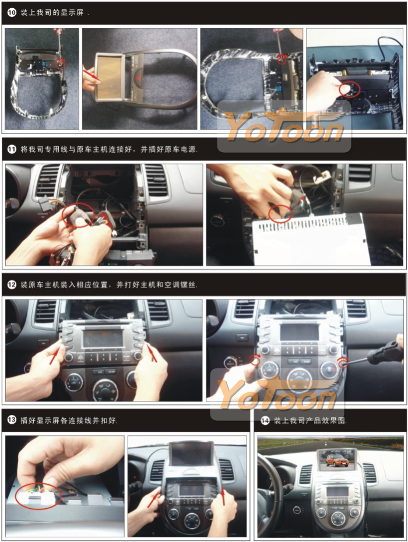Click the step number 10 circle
(12, 12)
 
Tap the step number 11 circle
(12, 149)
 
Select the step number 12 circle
(12, 285)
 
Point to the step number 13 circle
(12, 420)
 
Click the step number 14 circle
(265, 421)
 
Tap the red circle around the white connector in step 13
(38, 494)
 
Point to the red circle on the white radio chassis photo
(280, 213)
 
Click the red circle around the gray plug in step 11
(78, 214)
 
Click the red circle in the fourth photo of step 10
(350, 89)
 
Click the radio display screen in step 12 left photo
(103, 339)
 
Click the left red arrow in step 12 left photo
(55, 356)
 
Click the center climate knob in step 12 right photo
(298, 376)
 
